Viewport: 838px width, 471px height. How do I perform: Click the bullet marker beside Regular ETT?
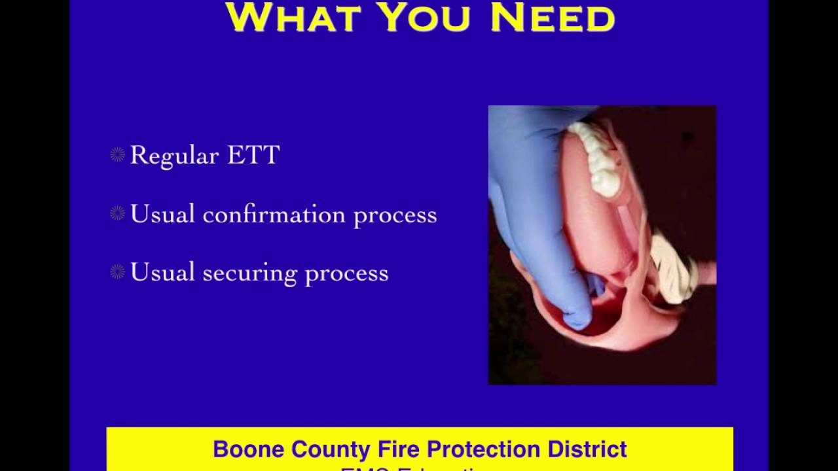click(117, 155)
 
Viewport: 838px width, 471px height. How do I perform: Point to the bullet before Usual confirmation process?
click(117, 214)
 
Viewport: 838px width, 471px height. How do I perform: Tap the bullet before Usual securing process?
click(117, 272)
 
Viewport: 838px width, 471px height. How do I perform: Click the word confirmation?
click(274, 215)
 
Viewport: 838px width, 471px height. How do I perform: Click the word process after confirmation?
click(395, 216)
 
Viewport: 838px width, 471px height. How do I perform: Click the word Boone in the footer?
click(249, 449)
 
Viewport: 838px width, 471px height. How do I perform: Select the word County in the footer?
click(331, 450)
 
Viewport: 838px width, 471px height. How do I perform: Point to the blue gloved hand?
click(534, 216)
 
